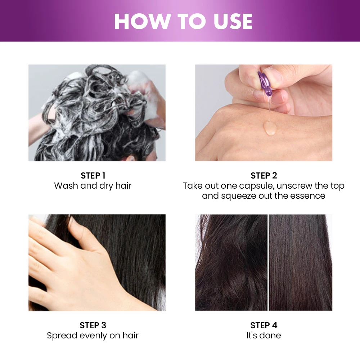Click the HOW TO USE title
pyautogui.click(x=183, y=21)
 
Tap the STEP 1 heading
pyautogui.click(x=93, y=176)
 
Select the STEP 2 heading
pyautogui.click(x=264, y=176)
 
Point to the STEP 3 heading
pyautogui.click(x=93, y=325)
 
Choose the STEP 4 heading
pyautogui.click(x=264, y=325)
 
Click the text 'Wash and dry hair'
pyautogui.click(x=93, y=186)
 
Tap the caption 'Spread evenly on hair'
pyautogui.click(x=93, y=336)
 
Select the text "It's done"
pyautogui.click(x=264, y=336)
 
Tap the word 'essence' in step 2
pyautogui.click(x=308, y=196)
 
